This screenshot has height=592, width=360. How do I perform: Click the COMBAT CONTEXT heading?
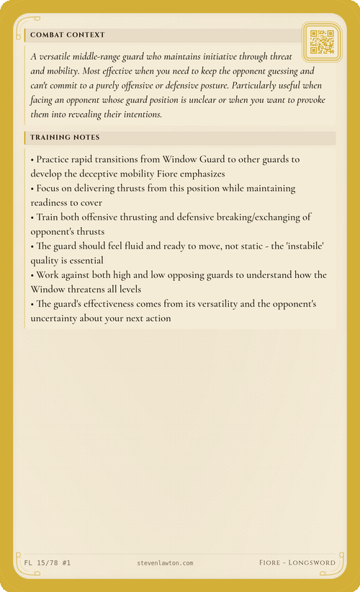coord(67,35)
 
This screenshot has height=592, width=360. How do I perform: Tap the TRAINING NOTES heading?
coord(65,137)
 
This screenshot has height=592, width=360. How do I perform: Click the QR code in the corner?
coord(321,42)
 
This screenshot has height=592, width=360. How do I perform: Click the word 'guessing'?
coord(274,71)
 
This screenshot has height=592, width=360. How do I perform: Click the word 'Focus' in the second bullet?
coord(51,188)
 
